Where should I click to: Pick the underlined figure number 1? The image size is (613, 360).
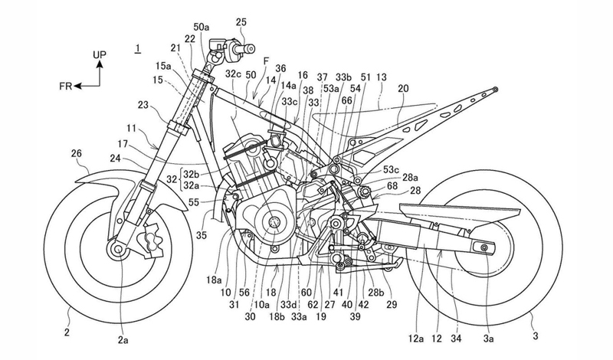click(x=136, y=49)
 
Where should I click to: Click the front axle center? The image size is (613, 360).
click(x=118, y=249)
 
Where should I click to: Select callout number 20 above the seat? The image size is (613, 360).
click(x=402, y=89)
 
